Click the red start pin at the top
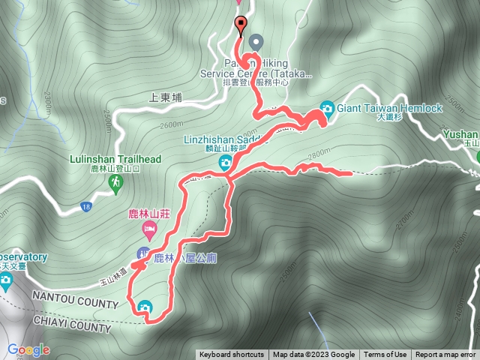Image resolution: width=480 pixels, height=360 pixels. pyautogui.click(x=240, y=25)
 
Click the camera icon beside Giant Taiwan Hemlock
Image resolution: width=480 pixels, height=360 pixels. pyautogui.click(x=327, y=108)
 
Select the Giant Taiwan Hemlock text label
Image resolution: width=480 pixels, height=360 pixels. pyautogui.click(x=390, y=108)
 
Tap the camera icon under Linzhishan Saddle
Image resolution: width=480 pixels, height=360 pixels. pyautogui.click(x=225, y=163)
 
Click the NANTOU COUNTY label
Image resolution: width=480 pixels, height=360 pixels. pyautogui.click(x=75, y=305)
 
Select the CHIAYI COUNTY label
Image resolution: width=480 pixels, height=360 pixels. pyautogui.click(x=71, y=328)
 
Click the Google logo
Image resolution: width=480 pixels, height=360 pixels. pyautogui.click(x=28, y=350)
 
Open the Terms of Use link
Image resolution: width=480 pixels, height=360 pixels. pyautogui.click(x=385, y=355)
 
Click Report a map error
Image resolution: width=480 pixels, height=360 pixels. pyautogui.click(x=445, y=355)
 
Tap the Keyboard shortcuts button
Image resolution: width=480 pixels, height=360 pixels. pyautogui.click(x=232, y=355)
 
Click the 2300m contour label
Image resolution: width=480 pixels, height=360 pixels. pyautogui.click(x=47, y=98)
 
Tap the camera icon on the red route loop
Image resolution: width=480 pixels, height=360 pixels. pyautogui.click(x=144, y=306)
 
